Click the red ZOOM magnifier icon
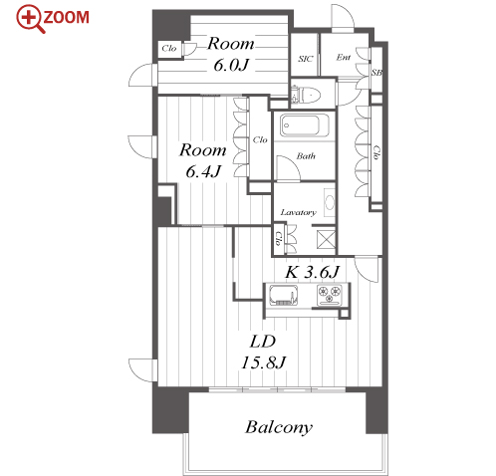click(x=31, y=19)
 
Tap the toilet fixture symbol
click(x=306, y=95)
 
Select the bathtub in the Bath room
click(x=305, y=125)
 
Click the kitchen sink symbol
click(x=283, y=295)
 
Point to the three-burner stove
click(x=330, y=295)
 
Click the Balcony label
click(x=279, y=427)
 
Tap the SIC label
click(x=305, y=59)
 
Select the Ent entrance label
click(x=344, y=58)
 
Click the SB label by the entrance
click(x=376, y=73)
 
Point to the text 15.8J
click(x=264, y=362)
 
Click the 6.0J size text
click(x=231, y=65)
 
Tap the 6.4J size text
click(x=203, y=171)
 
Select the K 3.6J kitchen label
click(x=313, y=272)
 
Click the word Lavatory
click(x=298, y=212)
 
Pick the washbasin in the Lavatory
click(x=330, y=202)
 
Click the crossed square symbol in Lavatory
click(x=326, y=239)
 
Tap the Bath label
click(x=306, y=156)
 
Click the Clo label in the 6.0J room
click(x=169, y=49)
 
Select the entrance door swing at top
click(x=343, y=19)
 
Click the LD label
click(x=263, y=342)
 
